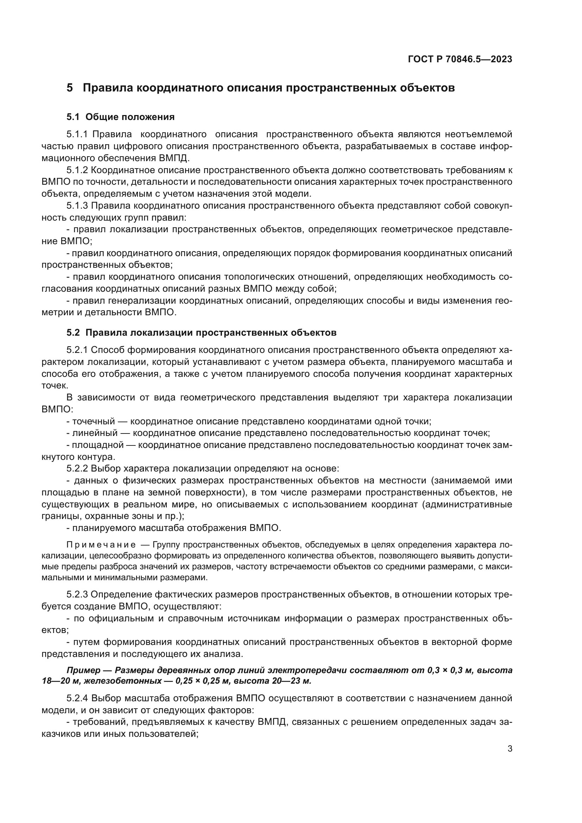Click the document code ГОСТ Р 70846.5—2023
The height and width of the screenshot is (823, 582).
pyautogui.click(x=460, y=59)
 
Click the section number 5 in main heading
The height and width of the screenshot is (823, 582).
pyautogui.click(x=70, y=88)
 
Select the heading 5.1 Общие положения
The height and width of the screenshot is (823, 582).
pyautogui.click(x=120, y=117)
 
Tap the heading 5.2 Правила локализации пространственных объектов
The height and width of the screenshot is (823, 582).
pyautogui.click(x=201, y=333)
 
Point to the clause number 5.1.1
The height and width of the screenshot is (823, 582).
pyautogui.click(x=77, y=134)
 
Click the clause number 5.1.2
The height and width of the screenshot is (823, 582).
pyautogui.click(x=77, y=170)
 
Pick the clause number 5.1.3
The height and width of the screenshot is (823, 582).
pyautogui.click(x=77, y=206)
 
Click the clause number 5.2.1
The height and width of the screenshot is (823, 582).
pyautogui.click(x=77, y=350)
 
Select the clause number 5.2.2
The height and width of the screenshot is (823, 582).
pyautogui.click(x=77, y=468)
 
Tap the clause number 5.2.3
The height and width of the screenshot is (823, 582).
pyautogui.click(x=77, y=595)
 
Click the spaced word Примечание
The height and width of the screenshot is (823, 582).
pyautogui.click(x=101, y=545)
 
